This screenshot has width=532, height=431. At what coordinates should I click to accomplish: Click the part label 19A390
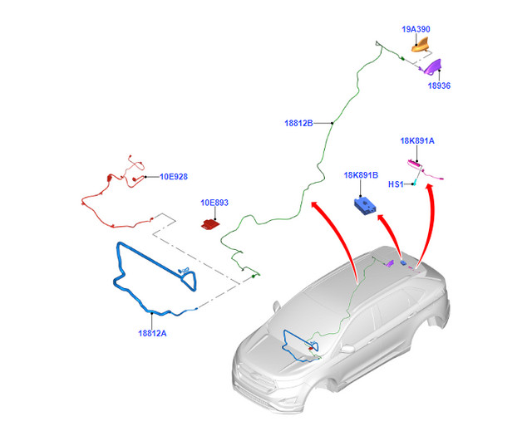416,29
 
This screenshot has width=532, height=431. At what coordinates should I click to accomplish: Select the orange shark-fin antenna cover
421,45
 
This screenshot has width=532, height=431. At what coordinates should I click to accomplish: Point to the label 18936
439,86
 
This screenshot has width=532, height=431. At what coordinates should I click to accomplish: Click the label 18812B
298,124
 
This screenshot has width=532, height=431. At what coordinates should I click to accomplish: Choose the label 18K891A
417,141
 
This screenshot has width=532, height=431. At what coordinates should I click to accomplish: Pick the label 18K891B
361,175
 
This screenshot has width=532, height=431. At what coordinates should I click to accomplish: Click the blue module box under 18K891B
365,206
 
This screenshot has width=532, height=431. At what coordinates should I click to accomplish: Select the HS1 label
396,184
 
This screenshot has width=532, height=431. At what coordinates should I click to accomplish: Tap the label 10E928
174,177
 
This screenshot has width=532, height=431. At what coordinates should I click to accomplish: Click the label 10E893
214,203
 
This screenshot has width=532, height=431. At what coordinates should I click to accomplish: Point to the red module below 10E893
210,224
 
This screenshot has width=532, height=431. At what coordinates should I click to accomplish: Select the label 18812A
152,333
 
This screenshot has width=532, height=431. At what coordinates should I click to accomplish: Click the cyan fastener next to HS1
414,183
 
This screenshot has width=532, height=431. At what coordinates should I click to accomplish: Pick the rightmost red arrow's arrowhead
430,188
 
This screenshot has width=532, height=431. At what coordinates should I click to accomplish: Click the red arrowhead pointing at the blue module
382,218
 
